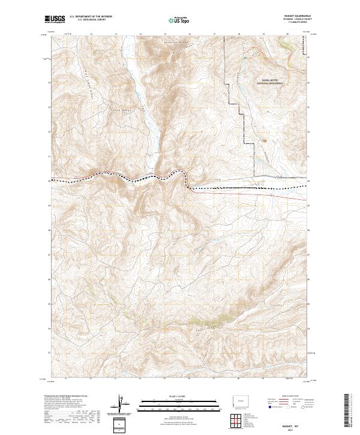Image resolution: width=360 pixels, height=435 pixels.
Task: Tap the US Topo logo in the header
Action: (179, 20)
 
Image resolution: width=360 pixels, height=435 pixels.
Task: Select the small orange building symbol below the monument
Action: (263, 140)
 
